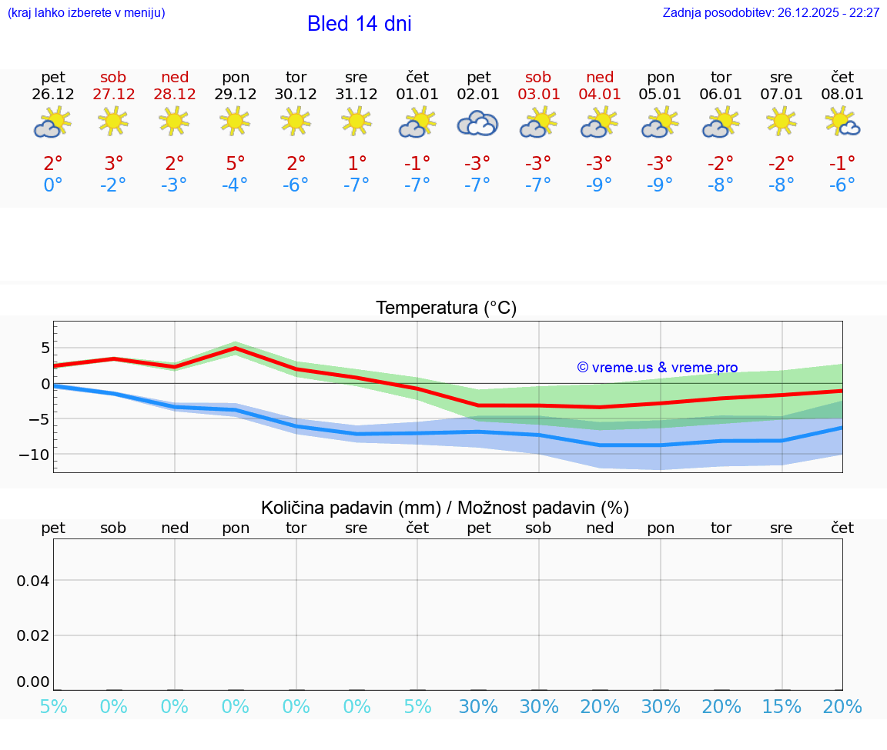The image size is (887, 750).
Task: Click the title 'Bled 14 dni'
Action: [x=359, y=24]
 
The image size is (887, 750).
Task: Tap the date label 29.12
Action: [x=236, y=95]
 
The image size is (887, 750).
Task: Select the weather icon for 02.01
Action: [x=477, y=123]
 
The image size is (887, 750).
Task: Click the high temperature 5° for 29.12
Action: [x=236, y=163]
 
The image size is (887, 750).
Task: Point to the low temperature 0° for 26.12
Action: [x=53, y=185]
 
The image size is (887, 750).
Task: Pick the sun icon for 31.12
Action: [x=356, y=121]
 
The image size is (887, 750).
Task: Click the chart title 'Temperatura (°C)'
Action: [x=446, y=308]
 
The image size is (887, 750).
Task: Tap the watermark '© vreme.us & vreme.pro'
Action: [x=658, y=368]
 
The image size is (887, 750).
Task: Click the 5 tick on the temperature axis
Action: [x=45, y=348]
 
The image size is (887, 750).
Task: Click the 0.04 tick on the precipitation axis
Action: [x=33, y=581]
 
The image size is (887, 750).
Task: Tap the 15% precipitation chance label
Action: [x=782, y=707]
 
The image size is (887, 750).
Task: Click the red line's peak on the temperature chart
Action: [x=236, y=348]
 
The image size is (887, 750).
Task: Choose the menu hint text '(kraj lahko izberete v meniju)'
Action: [x=85, y=13]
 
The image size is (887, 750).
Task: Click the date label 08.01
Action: [x=842, y=95]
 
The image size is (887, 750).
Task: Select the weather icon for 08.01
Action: [x=842, y=122]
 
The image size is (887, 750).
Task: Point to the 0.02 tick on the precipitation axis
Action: [x=33, y=635]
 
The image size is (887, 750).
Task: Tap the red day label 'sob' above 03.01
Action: [x=538, y=78]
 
